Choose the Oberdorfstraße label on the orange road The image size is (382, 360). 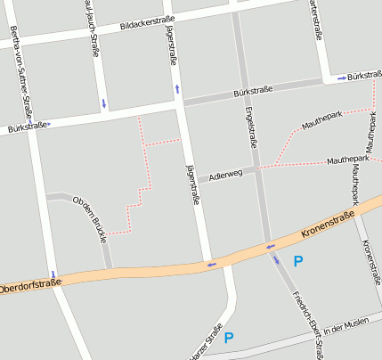click(30, 287)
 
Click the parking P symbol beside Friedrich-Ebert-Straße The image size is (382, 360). click(298, 261)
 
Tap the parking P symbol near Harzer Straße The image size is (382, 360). click(229, 338)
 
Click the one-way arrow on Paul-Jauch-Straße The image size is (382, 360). click(104, 103)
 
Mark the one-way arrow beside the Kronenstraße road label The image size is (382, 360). click(270, 246)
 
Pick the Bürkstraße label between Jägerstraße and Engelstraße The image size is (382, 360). click(252, 91)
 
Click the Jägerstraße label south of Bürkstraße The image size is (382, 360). click(191, 184)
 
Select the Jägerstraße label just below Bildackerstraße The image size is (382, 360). click(171, 43)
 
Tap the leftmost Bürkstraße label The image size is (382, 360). click(24, 128)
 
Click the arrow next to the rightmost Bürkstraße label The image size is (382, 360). click(342, 78)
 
